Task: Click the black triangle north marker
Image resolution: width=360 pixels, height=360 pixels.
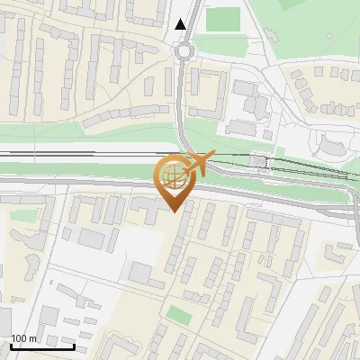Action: tap(182, 24)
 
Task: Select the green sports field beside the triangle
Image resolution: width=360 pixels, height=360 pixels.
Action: tap(223, 19)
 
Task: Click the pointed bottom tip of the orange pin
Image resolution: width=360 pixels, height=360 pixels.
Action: tap(172, 211)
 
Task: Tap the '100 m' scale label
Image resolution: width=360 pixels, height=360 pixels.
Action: tap(23, 338)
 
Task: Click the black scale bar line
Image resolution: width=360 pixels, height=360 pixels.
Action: tap(42, 346)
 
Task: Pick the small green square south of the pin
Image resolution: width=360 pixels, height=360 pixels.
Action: tap(179, 315)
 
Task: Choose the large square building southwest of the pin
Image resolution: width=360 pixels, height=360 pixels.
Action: tap(141, 274)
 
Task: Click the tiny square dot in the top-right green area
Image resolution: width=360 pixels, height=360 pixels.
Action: tap(329, 37)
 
